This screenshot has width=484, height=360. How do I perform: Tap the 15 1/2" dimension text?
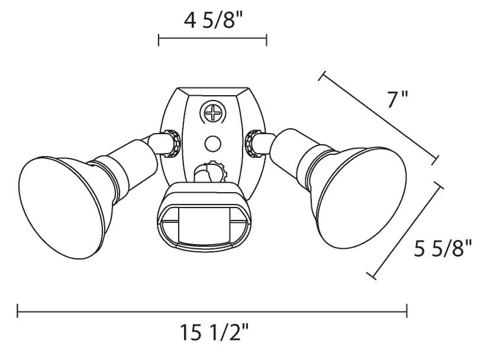point(214,333)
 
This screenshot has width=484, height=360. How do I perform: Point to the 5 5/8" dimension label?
point(443,249)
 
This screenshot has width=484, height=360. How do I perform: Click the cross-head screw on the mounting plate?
point(213,113)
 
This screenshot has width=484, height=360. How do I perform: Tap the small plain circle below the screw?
point(213,144)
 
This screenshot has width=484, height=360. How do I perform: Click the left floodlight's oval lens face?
point(66,207)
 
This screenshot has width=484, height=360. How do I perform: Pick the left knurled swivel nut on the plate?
point(173,144)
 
